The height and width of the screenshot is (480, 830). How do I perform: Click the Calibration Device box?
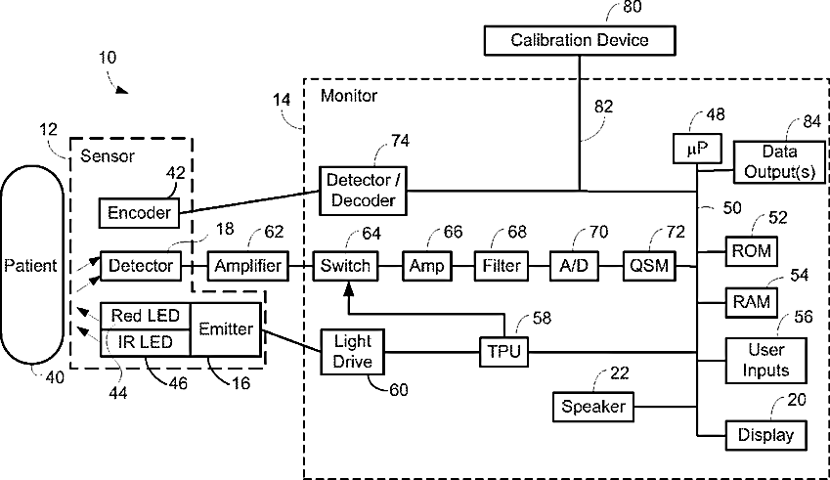pyautogui.click(x=580, y=40)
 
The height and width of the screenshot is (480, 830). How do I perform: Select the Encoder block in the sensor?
pyautogui.click(x=139, y=212)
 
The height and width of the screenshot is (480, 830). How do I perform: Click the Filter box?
pyautogui.click(x=502, y=265)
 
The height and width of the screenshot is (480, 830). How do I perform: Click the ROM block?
pyautogui.click(x=752, y=251)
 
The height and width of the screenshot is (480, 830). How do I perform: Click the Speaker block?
pyautogui.click(x=592, y=404)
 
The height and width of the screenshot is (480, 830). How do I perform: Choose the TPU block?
pyautogui.click(x=503, y=351)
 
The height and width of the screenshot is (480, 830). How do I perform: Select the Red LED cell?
pyautogui.click(x=144, y=315)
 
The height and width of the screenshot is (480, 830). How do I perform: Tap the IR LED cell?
pyautogui.click(x=144, y=341)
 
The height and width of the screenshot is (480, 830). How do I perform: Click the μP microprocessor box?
pyautogui.click(x=695, y=150)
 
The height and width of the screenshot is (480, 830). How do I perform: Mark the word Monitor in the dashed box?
pyautogui.click(x=349, y=96)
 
